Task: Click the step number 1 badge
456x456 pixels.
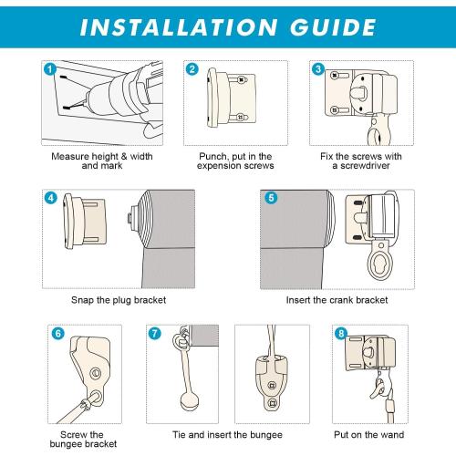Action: (50, 69)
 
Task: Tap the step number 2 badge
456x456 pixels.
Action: (192, 69)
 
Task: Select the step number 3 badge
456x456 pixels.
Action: (318, 69)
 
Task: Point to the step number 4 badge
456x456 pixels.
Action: (50, 198)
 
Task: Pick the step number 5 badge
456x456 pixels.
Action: (271, 198)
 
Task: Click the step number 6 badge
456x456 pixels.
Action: (57, 333)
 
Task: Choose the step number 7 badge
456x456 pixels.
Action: (155, 333)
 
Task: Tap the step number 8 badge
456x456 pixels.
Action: (341, 333)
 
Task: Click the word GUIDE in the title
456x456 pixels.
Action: (333, 27)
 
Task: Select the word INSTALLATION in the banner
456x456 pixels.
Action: (179, 27)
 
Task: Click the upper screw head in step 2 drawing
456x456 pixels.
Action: (242, 80)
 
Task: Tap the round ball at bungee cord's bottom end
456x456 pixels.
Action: (190, 400)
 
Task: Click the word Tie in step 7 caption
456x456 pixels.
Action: (179, 435)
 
